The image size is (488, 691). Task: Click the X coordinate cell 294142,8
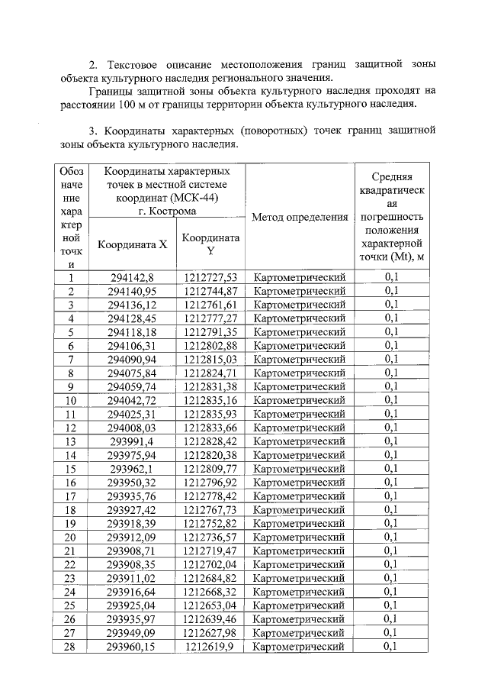(x=132, y=277)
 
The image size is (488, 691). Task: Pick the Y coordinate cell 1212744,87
(x=210, y=291)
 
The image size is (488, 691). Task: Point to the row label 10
(x=71, y=400)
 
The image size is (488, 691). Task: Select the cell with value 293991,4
(x=132, y=441)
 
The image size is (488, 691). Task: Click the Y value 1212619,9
(x=210, y=647)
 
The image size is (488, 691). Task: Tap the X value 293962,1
(x=132, y=468)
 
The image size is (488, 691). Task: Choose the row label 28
(x=71, y=647)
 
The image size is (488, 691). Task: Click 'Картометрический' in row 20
(x=299, y=537)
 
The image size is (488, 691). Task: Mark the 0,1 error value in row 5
(x=391, y=332)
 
